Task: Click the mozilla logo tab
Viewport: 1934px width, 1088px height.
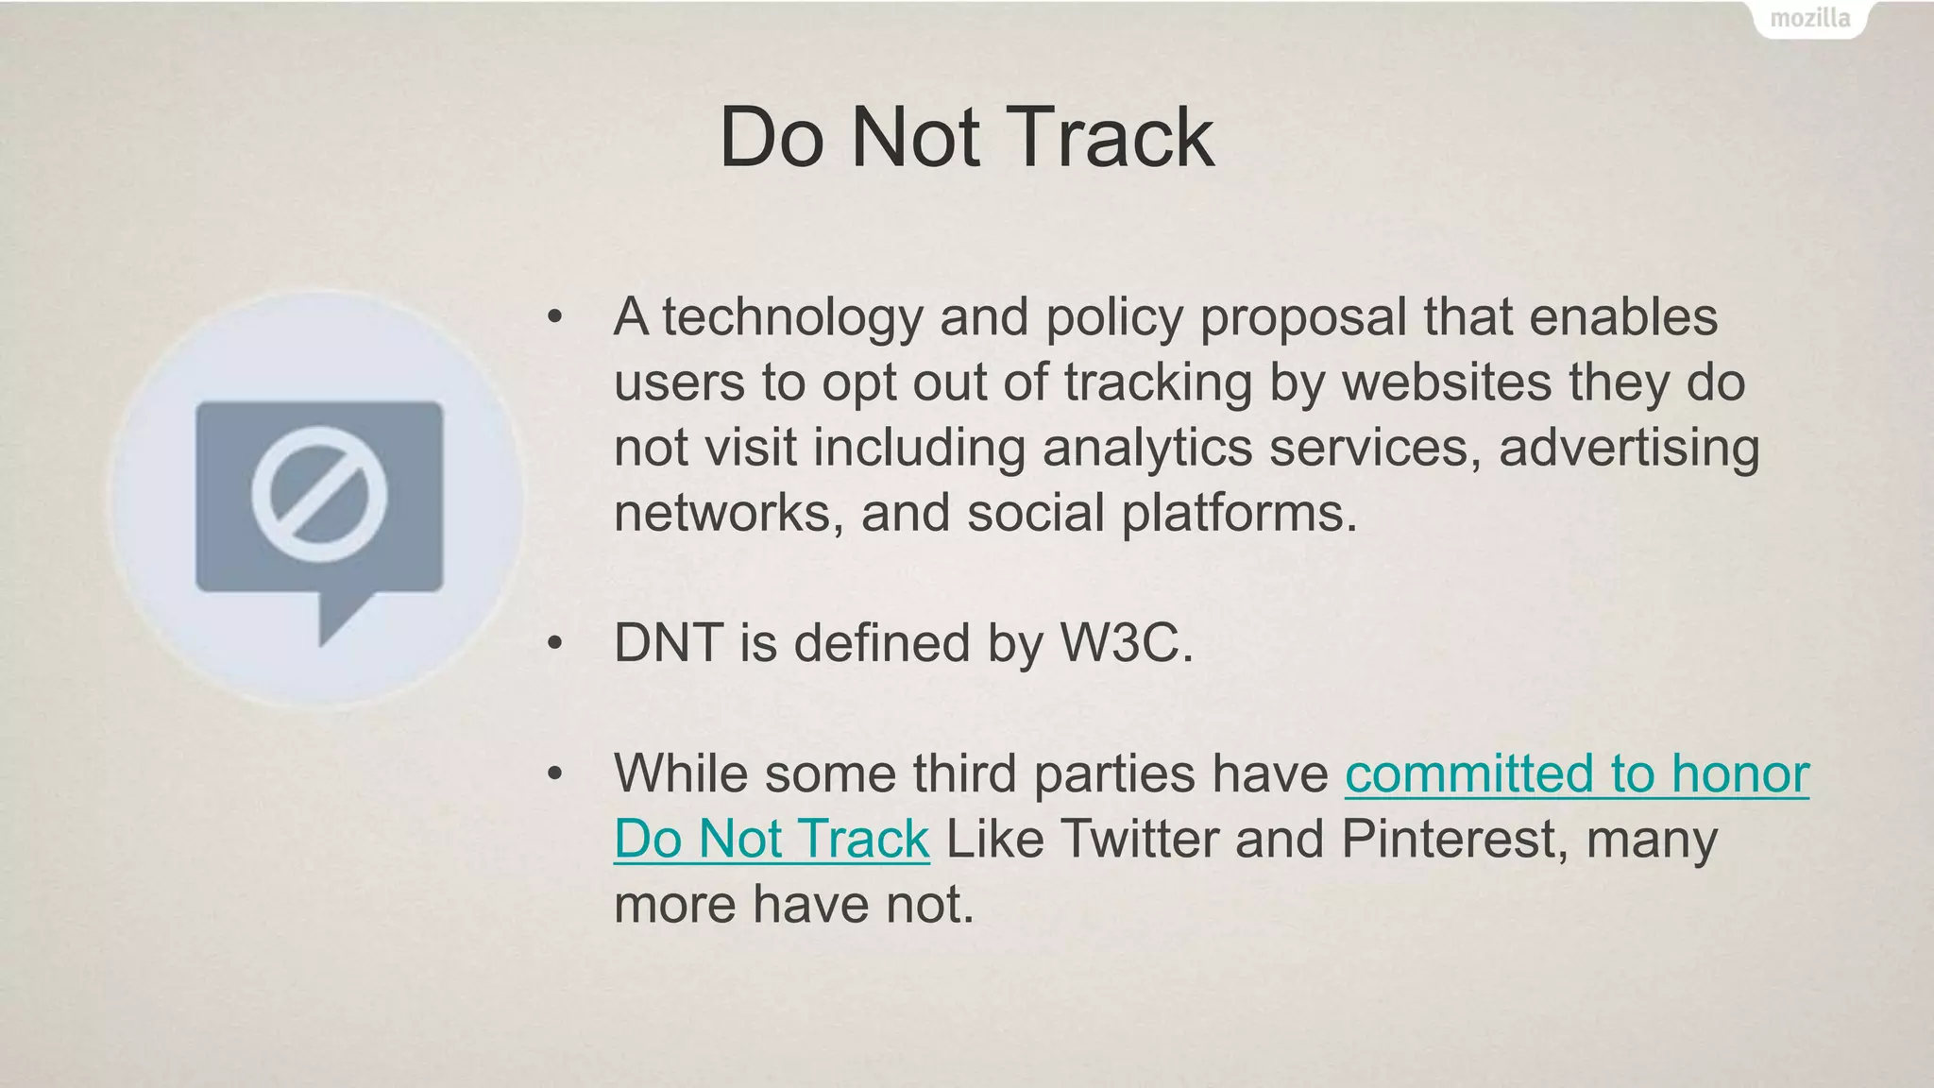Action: [1809, 19]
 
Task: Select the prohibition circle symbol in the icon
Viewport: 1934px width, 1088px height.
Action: [319, 493]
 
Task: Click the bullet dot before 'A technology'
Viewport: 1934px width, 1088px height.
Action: [554, 318]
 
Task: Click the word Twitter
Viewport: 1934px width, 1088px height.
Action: [1139, 839]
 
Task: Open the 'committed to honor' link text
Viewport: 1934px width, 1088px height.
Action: [1576, 773]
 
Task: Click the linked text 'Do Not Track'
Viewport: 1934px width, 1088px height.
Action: [772, 839]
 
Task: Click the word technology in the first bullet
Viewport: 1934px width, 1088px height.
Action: [791, 318]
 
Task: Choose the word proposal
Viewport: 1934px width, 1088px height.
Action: [1303, 318]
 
